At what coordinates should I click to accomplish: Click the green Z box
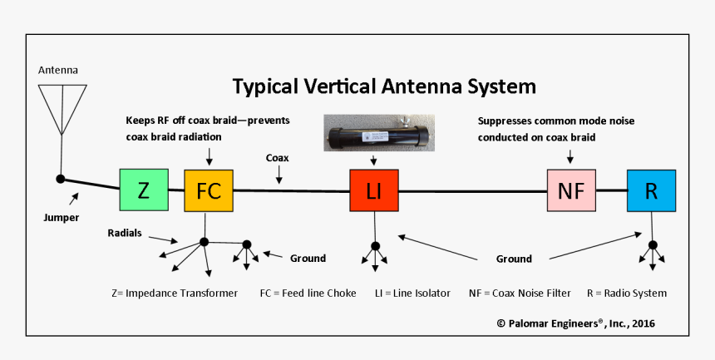pyautogui.click(x=144, y=190)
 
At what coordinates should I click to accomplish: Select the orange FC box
pyautogui.click(x=208, y=190)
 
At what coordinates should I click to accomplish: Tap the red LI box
pyautogui.click(x=374, y=190)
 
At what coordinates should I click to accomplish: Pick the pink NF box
pyautogui.click(x=571, y=190)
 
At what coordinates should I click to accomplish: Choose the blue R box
pyautogui.click(x=651, y=190)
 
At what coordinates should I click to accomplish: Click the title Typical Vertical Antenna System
pyautogui.click(x=383, y=86)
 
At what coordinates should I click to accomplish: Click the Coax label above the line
pyautogui.click(x=277, y=157)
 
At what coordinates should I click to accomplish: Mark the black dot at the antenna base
pyautogui.click(x=60, y=178)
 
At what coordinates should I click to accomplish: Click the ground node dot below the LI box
pyautogui.click(x=375, y=245)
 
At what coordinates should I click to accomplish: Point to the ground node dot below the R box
pyautogui.click(x=653, y=244)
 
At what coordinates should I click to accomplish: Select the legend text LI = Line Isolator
pyautogui.click(x=412, y=293)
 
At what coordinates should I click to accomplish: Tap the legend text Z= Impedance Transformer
pyautogui.click(x=175, y=293)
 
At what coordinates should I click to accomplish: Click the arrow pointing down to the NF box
pyautogui.click(x=570, y=155)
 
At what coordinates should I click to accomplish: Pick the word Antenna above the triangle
pyautogui.click(x=59, y=69)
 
